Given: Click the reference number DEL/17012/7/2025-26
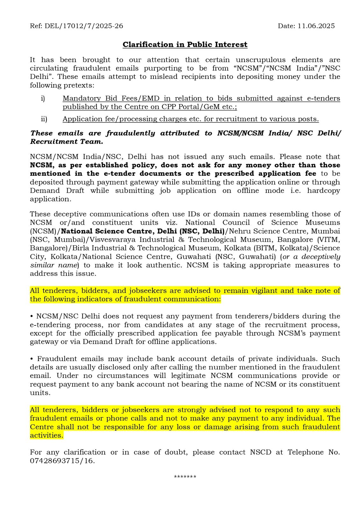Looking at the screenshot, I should (x=84, y=26).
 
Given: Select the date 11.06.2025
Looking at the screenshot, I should (x=316, y=26).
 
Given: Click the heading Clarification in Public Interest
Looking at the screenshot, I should (x=185, y=45).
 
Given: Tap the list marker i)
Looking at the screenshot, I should (x=43, y=99).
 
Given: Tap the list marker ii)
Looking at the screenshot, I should (x=44, y=119).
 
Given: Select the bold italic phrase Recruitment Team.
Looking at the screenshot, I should (x=67, y=142).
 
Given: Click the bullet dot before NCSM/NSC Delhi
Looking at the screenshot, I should (x=32, y=317).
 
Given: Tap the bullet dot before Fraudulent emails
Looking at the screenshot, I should (x=32, y=359).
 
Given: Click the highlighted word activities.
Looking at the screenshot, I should (x=46, y=435).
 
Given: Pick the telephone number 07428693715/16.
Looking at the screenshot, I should (x=62, y=461).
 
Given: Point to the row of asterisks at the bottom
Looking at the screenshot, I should (x=185, y=477).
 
